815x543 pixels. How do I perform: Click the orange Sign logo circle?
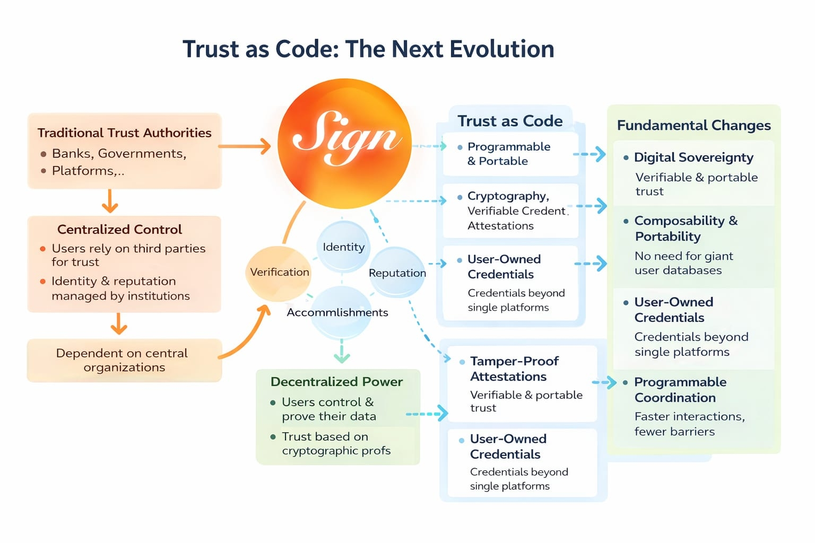344,143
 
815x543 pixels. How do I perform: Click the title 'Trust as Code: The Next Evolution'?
368,49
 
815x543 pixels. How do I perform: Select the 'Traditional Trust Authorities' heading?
124,133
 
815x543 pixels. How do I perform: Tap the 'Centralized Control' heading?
119,229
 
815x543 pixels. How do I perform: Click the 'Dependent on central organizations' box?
124,360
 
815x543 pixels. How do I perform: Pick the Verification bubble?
279,272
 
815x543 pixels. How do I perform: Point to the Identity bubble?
343,247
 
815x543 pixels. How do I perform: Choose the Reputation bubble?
397,273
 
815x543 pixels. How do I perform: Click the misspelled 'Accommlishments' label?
337,312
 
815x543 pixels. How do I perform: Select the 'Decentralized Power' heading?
336,382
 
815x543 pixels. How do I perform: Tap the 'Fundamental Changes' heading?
693,125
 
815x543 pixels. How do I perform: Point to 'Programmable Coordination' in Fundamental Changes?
680,390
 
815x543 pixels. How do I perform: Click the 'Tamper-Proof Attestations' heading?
514,369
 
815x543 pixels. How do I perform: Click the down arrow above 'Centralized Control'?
110,201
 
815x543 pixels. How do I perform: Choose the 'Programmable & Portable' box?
510,154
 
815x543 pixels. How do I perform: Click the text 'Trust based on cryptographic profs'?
336,443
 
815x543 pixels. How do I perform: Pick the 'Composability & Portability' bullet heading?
686,229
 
